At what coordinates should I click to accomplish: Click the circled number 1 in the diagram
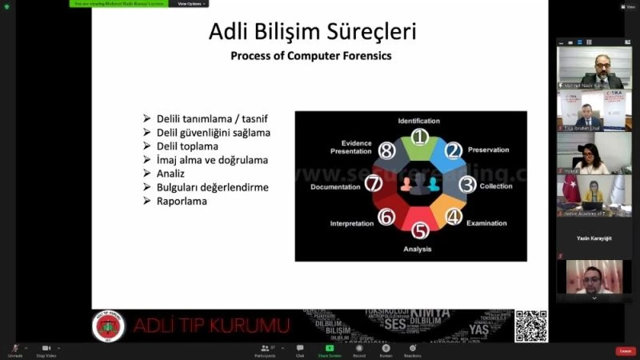pyautogui.click(x=420, y=137)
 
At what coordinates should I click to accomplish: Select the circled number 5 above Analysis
pyautogui.click(x=420, y=231)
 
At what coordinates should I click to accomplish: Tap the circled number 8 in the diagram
pyautogui.click(x=387, y=150)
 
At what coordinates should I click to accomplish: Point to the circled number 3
pyautogui.click(x=467, y=185)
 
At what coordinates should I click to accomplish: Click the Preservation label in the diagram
pyautogui.click(x=488, y=150)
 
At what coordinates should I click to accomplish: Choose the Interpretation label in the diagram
pyautogui.click(x=351, y=223)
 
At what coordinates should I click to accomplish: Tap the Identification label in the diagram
pyautogui.click(x=418, y=121)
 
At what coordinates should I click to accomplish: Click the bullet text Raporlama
pyautogui.click(x=181, y=201)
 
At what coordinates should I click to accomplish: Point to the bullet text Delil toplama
pyautogui.click(x=187, y=146)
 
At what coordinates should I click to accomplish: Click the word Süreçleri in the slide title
pyautogui.click(x=372, y=33)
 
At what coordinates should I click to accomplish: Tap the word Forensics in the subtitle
pyautogui.click(x=367, y=56)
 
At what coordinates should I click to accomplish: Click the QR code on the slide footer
pyautogui.click(x=531, y=326)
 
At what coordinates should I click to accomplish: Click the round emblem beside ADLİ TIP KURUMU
pyautogui.click(x=109, y=326)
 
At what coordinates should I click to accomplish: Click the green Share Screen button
pyautogui.click(x=329, y=350)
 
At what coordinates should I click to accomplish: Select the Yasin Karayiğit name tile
pyautogui.click(x=594, y=238)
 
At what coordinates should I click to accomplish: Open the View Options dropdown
pyautogui.click(x=190, y=3)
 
